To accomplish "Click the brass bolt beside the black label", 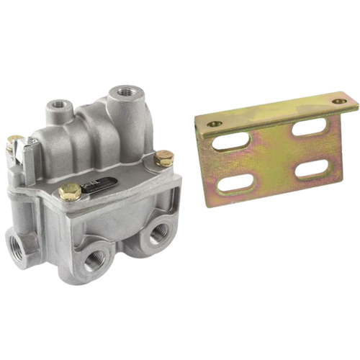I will (70, 192).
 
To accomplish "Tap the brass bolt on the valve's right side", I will (164, 157).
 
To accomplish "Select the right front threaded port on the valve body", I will (158, 233).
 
